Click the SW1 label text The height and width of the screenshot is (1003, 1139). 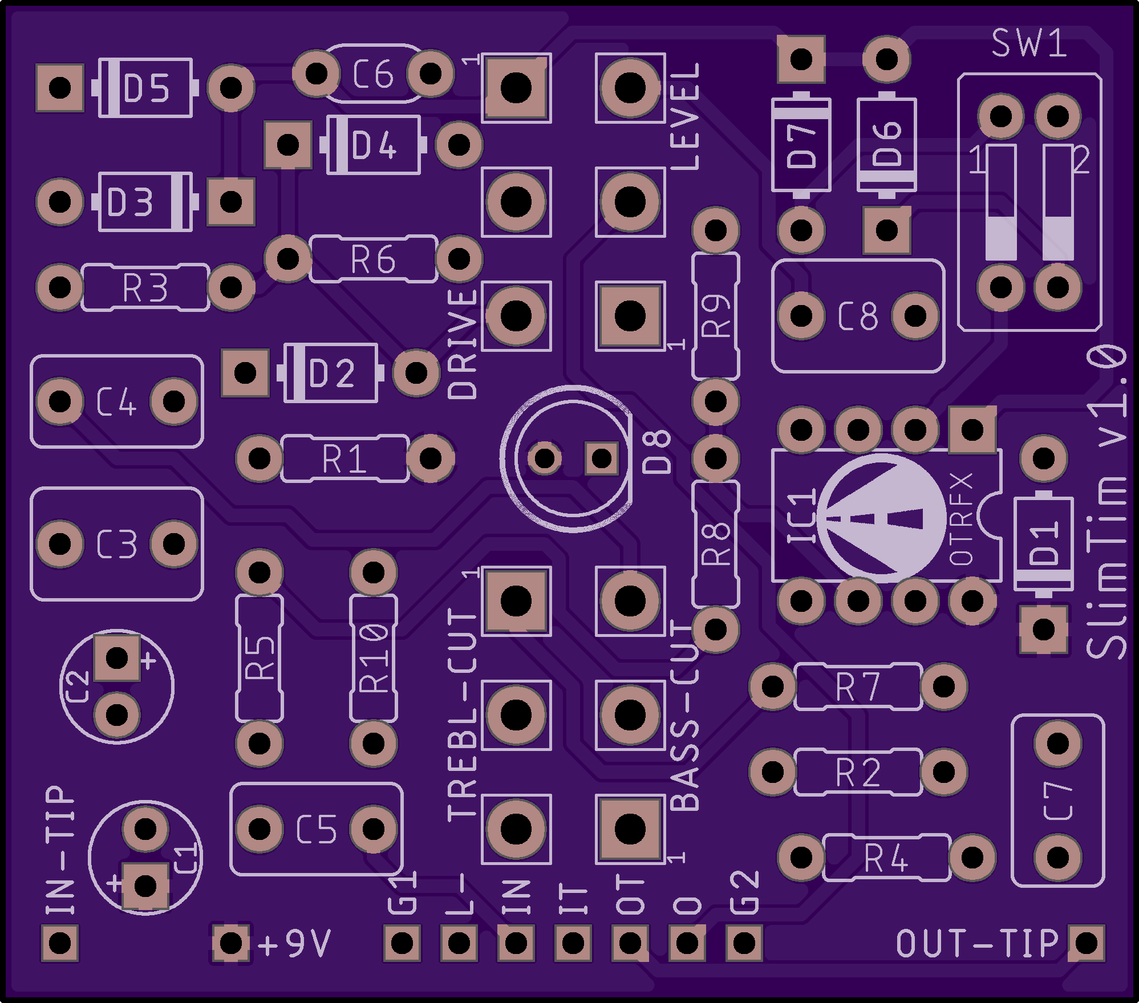[x=1029, y=43]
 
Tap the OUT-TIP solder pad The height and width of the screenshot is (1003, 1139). [x=1086, y=943]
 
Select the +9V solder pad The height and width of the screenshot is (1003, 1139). [x=231, y=943]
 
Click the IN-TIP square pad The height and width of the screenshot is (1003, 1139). [x=60, y=943]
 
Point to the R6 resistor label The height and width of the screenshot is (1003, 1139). [x=373, y=260]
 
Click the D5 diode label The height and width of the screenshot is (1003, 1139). [x=147, y=89]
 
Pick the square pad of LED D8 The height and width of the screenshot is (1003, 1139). [x=602, y=458]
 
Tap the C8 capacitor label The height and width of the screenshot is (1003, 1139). [x=858, y=316]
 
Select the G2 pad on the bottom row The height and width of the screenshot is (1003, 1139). [x=744, y=943]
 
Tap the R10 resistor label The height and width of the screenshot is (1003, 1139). [x=374, y=658]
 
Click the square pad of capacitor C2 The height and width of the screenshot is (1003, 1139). [x=117, y=658]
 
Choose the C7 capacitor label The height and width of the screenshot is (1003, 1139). [x=1059, y=801]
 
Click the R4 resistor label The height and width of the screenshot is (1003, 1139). [x=886, y=859]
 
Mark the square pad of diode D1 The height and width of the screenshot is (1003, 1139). [x=1044, y=630]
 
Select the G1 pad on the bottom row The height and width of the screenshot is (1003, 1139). [x=402, y=943]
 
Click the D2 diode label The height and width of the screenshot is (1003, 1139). [x=332, y=374]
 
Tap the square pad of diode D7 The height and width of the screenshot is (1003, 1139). [x=801, y=59]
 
